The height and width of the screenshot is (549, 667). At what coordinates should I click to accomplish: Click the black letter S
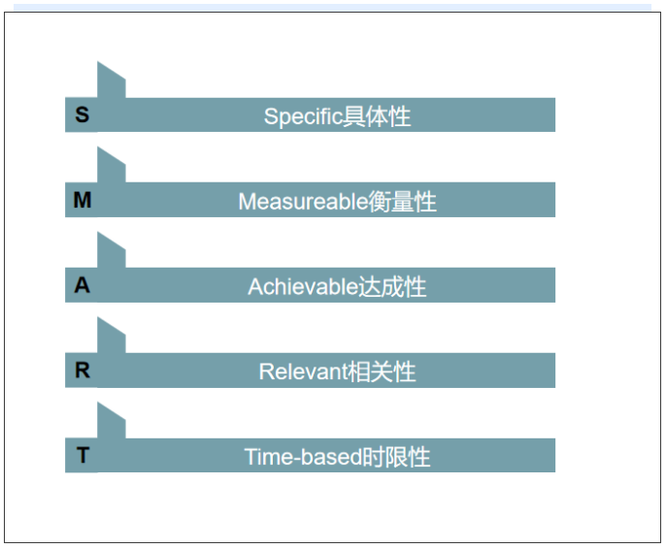[x=83, y=114]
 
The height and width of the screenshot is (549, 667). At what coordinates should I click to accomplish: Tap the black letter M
[x=83, y=200]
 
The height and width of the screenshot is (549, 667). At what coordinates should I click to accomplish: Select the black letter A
[x=83, y=285]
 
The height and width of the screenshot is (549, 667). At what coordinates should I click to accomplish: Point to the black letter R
[x=83, y=371]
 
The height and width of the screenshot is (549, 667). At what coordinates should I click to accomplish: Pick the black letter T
[x=83, y=455]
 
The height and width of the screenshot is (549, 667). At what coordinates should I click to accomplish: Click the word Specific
[x=303, y=116]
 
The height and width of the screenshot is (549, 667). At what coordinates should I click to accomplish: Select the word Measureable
[x=303, y=202]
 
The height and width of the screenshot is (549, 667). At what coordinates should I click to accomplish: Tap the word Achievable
[x=303, y=286]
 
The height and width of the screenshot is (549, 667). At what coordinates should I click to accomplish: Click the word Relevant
[x=303, y=371]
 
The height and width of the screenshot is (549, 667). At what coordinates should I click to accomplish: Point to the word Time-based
[x=303, y=457]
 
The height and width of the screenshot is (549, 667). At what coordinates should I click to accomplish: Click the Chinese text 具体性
[x=377, y=116]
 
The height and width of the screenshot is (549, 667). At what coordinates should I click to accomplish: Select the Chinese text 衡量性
[x=402, y=202]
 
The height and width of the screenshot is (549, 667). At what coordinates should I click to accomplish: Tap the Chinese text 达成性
[x=392, y=286]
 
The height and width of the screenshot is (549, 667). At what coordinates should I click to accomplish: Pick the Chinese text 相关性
[x=382, y=371]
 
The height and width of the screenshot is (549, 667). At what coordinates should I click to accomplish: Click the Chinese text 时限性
[x=396, y=457]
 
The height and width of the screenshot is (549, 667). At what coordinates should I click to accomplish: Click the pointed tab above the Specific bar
[x=111, y=82]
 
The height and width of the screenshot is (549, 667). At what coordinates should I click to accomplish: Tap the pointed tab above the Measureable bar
[x=111, y=168]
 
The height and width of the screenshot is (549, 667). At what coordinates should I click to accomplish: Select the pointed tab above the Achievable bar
[x=111, y=253]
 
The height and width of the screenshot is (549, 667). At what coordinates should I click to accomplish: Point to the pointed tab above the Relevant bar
[x=111, y=338]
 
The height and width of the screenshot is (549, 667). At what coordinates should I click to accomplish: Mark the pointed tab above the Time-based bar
[x=111, y=423]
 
